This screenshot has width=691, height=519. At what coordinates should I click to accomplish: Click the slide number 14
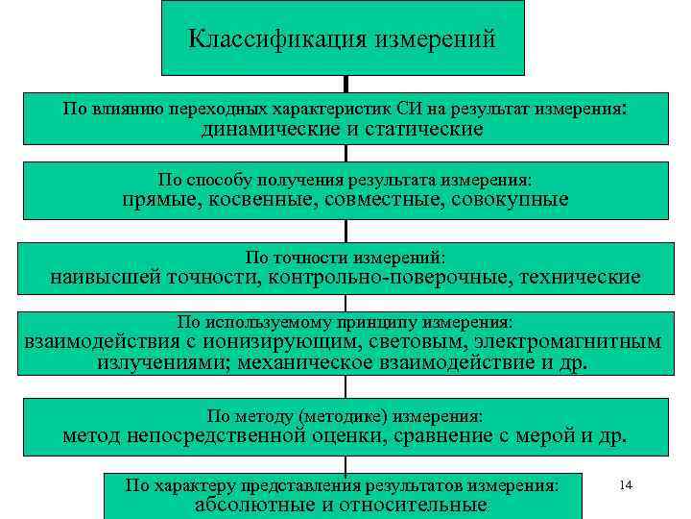(626, 485)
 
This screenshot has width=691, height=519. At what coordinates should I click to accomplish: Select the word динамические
(269, 129)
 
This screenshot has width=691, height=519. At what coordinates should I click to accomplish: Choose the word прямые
(156, 200)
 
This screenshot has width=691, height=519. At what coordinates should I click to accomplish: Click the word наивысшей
(106, 278)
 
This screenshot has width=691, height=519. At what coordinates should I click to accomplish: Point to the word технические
(581, 278)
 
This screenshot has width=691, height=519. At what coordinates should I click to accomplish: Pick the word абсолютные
(252, 506)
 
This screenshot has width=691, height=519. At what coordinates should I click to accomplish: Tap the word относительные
(416, 506)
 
